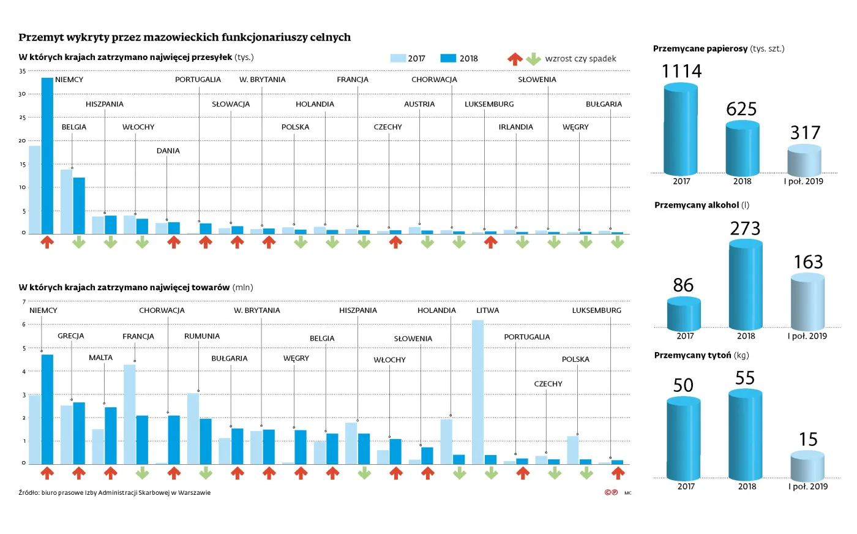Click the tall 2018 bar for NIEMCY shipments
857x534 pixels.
tap(47, 156)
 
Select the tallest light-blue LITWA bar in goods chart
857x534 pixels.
tap(477, 392)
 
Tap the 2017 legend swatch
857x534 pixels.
tap(398, 58)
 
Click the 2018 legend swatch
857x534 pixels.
tap(448, 58)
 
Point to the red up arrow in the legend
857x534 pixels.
tap(515, 59)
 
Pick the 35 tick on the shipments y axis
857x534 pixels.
tap(23, 71)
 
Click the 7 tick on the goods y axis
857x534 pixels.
tap(24, 302)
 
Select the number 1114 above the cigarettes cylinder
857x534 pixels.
tap(681, 72)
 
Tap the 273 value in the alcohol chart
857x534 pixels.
tap(745, 228)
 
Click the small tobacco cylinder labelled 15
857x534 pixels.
tap(807, 465)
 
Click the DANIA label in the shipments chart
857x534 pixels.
tap(168, 151)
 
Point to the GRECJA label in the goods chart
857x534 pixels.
tap(71, 336)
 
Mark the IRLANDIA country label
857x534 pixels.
tap(515, 127)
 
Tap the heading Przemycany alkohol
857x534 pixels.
tap(697, 205)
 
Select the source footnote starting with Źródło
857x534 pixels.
tap(114, 492)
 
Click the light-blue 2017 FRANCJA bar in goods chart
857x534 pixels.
tap(129, 414)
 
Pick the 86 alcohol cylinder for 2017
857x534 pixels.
tap(684, 314)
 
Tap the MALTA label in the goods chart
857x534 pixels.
tap(100, 358)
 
